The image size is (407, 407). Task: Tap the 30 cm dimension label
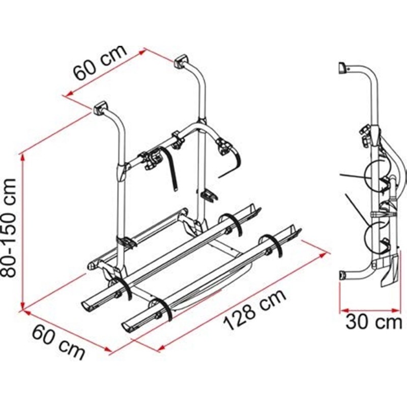coord(373,322)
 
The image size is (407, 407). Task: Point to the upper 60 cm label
coord(100,63)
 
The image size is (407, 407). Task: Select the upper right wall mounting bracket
coord(181,61)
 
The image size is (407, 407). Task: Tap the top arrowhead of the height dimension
coord(23,157)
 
